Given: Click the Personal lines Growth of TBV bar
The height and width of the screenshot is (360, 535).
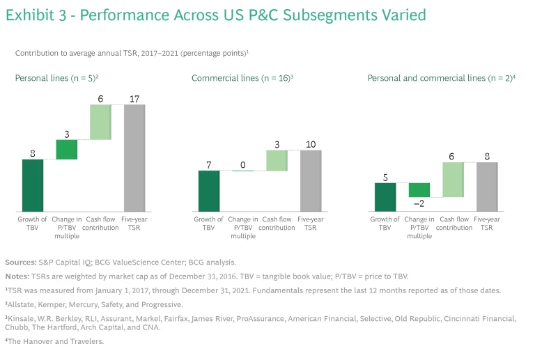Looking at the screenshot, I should pyautogui.click(x=33, y=185).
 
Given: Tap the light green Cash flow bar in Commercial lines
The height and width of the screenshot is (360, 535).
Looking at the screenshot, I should pyautogui.click(x=277, y=161).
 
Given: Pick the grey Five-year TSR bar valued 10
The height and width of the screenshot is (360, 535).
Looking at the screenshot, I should pyautogui.click(x=311, y=180).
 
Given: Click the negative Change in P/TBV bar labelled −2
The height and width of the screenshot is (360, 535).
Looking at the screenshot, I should pyautogui.click(x=419, y=190).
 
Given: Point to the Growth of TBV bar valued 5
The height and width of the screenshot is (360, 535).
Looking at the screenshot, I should pyautogui.click(x=385, y=196).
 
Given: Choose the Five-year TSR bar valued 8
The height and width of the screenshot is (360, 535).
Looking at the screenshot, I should pyautogui.click(x=487, y=186).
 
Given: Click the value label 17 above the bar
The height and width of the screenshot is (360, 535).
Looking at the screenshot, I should pyautogui.click(x=134, y=99).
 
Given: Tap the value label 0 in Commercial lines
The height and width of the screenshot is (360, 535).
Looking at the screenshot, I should pyautogui.click(x=243, y=165).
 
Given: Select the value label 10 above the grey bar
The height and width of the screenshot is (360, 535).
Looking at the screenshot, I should pyautogui.click(x=311, y=144).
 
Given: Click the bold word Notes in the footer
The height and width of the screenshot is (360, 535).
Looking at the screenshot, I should pyautogui.click(x=19, y=277).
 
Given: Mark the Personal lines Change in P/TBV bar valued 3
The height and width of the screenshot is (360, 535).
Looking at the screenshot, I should pyautogui.click(x=67, y=150).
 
